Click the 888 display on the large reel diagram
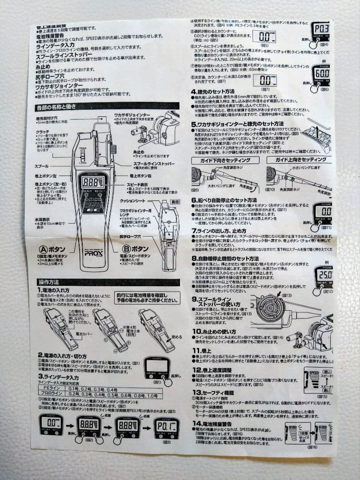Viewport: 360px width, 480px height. (x=92, y=182)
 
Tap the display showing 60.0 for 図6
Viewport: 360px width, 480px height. (x=320, y=72)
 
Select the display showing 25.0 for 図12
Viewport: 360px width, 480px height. (x=324, y=275)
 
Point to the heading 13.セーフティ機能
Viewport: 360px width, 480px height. (x=216, y=392)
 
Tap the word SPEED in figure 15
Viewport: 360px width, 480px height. (x=315, y=373)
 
